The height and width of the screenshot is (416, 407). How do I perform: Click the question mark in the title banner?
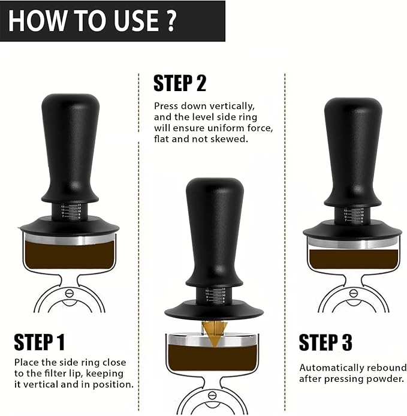[171, 20]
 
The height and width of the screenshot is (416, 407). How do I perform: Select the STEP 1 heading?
[39, 342]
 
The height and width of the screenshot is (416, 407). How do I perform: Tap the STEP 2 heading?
[180, 83]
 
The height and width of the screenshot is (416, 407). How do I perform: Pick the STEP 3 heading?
[325, 342]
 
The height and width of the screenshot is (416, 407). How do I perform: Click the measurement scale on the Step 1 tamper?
[71, 211]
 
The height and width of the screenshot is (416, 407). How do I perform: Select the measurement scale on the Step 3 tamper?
[354, 214]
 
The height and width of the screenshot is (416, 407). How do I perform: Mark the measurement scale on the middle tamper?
[215, 296]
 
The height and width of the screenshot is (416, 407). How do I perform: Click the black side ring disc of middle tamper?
[180, 312]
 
